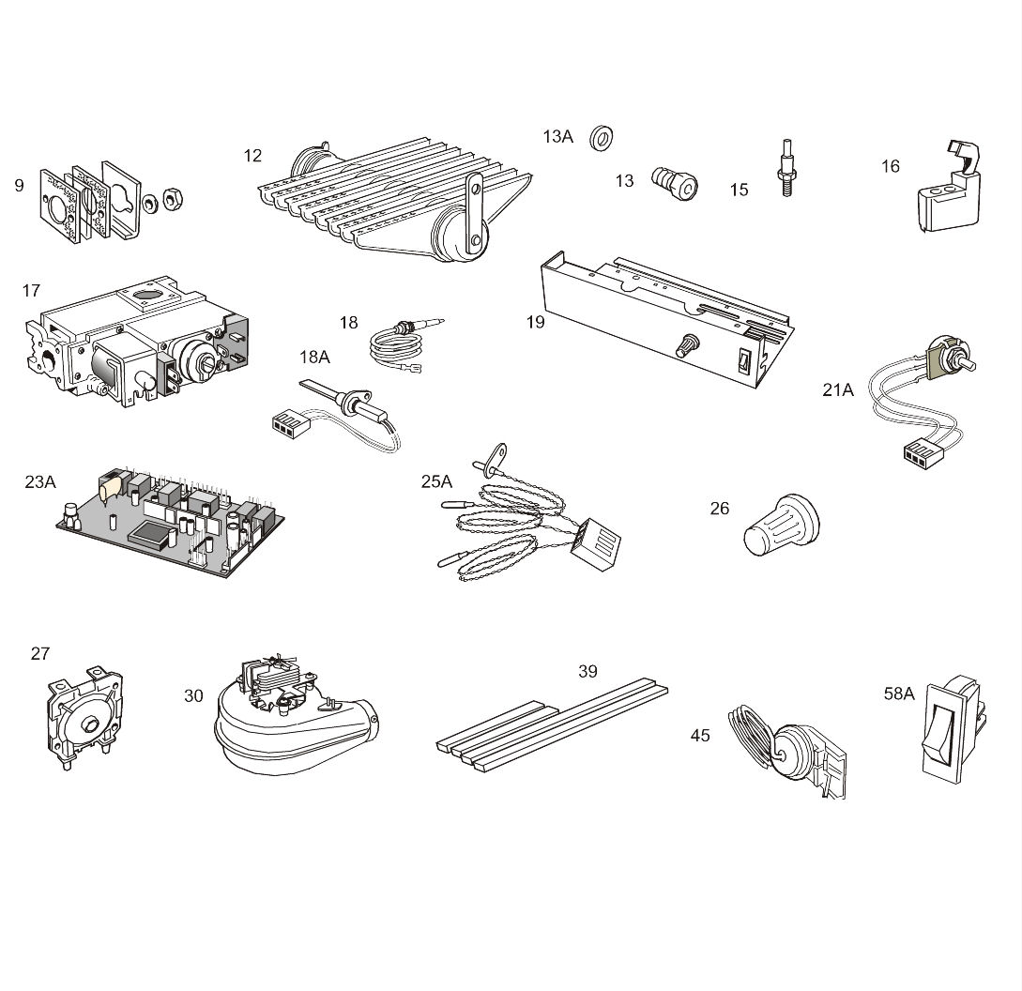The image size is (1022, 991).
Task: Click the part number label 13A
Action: pos(558,136)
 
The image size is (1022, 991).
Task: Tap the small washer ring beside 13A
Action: pos(601,138)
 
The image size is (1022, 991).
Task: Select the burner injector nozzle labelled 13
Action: pos(675,183)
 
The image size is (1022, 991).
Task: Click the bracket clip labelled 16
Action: pos(949,189)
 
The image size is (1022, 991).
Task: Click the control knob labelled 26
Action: pos(782,525)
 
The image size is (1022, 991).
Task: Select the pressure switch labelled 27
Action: pos(84,717)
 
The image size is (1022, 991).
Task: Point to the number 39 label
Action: pos(587,672)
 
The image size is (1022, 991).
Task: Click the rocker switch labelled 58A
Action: pos(953,729)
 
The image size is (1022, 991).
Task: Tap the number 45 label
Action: pos(700,736)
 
